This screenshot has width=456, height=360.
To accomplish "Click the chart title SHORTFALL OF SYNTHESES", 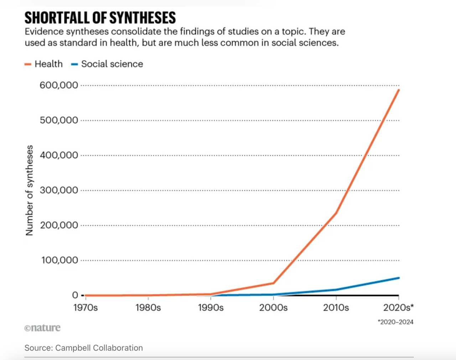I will [100, 18].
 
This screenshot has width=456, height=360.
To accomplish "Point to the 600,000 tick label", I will [59, 85].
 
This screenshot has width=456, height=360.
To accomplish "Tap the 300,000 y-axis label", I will [59, 190].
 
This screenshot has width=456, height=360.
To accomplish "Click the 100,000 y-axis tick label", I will [59, 260].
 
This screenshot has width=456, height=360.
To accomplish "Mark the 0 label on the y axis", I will [75, 295].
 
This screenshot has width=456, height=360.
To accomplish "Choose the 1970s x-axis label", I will [85, 308].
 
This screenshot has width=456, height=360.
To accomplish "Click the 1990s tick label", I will [211, 308].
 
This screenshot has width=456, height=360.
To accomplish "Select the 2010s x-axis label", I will [336, 308].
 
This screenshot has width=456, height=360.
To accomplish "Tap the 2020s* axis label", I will [398, 308].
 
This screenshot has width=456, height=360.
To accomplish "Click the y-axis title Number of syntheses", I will [29, 190].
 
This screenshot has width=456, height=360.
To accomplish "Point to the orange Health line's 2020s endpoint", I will [399, 90].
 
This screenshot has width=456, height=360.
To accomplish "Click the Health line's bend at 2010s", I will [336, 213].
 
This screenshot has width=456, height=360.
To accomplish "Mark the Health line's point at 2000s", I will [273, 283].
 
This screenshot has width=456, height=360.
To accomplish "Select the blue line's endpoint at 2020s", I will [399, 278].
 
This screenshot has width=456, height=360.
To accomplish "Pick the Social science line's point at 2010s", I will [336, 290].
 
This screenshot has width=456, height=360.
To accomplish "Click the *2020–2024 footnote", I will [395, 322].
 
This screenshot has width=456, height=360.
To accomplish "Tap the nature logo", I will [42, 328].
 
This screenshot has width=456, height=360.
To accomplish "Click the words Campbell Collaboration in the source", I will [99, 348].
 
